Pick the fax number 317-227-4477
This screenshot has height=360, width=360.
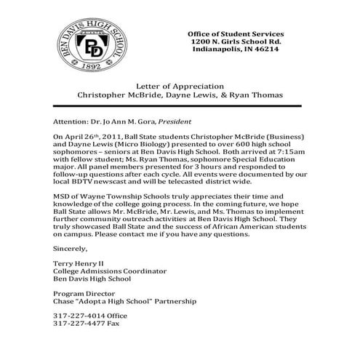click(79, 344)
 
